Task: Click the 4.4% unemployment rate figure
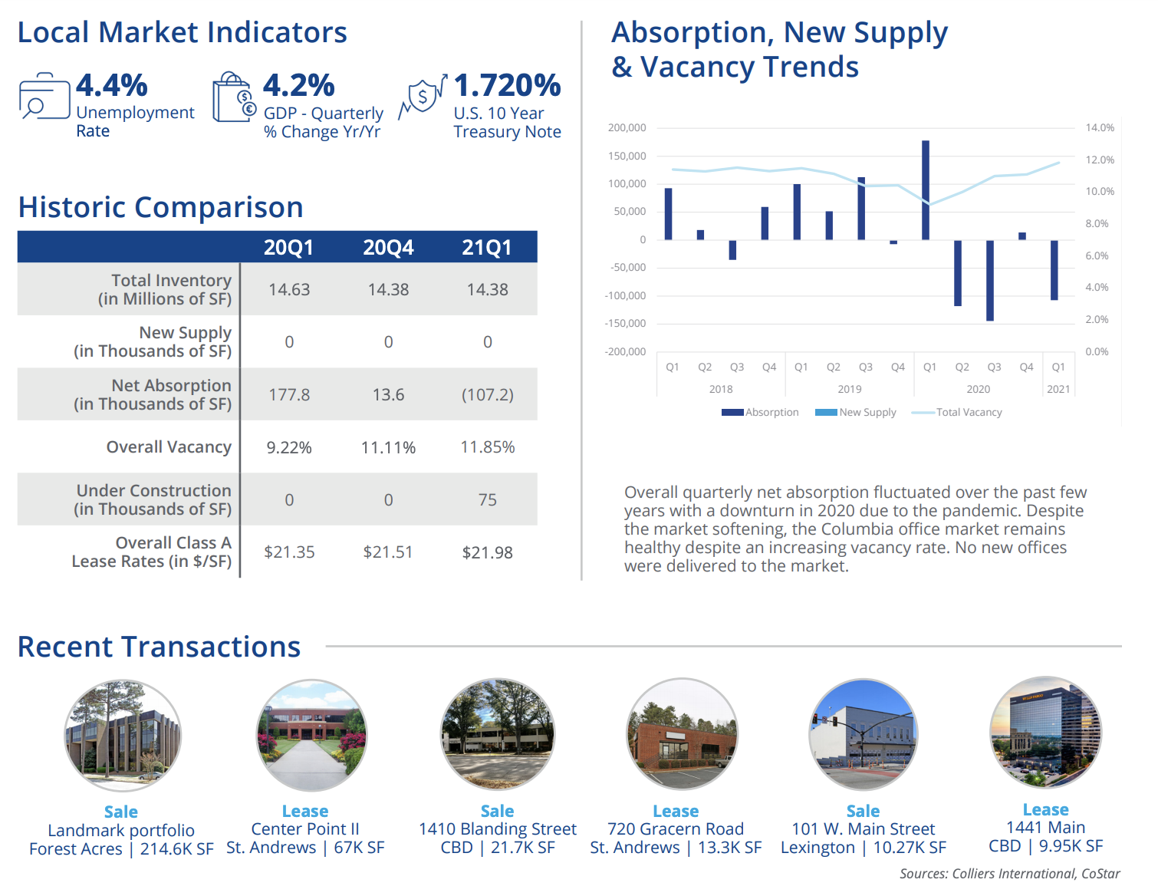pos(112,85)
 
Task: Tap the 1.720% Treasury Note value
pos(507,85)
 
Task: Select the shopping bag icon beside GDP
pos(233,98)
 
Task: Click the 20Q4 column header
pos(388,248)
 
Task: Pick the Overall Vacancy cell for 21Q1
pos(487,447)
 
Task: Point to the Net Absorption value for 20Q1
pos(289,395)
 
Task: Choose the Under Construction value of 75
pos(487,500)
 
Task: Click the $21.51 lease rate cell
pos(388,552)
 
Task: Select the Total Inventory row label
pos(165,290)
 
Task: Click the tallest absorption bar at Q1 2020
pos(926,190)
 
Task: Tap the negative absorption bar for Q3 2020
pos(990,280)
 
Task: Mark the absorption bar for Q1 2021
pos(1054,270)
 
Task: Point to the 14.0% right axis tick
pos(1100,128)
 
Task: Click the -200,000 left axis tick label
pos(627,352)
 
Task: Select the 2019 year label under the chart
pos(850,389)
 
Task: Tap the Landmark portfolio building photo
pos(123,736)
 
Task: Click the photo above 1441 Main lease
pos(1046,733)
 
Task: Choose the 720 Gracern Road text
pos(676,829)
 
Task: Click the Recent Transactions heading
pos(159,647)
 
